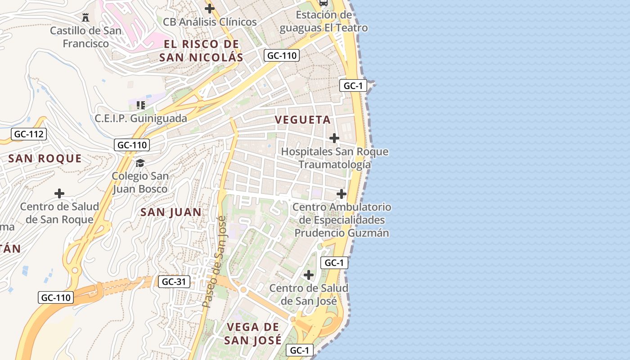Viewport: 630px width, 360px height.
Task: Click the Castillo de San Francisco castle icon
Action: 85,18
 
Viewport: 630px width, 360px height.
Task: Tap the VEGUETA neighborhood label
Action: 303,120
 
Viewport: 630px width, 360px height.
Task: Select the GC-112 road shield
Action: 29,134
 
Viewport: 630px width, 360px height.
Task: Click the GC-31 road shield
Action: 174,282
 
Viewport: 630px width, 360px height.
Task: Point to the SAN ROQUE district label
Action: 45,158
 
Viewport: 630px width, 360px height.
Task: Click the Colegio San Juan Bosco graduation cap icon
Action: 140,162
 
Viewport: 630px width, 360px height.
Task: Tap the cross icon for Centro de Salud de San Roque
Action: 59,193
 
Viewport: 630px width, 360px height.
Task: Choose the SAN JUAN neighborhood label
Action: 171,212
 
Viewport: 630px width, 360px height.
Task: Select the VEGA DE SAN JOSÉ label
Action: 253,333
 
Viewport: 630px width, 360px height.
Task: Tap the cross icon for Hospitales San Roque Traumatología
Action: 334,138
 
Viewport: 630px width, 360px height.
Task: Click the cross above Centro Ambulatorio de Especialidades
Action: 342,193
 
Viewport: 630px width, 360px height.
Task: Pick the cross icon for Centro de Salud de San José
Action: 309,274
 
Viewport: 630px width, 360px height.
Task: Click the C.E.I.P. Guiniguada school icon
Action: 140,105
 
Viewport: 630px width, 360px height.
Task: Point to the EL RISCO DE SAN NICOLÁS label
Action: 201,50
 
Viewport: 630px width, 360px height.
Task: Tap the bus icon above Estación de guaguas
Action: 323,3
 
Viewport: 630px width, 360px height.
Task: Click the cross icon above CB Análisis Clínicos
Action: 209,8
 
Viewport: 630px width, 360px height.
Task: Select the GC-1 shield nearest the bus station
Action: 353,85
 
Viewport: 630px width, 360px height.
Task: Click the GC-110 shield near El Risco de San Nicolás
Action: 281,55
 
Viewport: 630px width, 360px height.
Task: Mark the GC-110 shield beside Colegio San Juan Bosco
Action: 132,145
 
